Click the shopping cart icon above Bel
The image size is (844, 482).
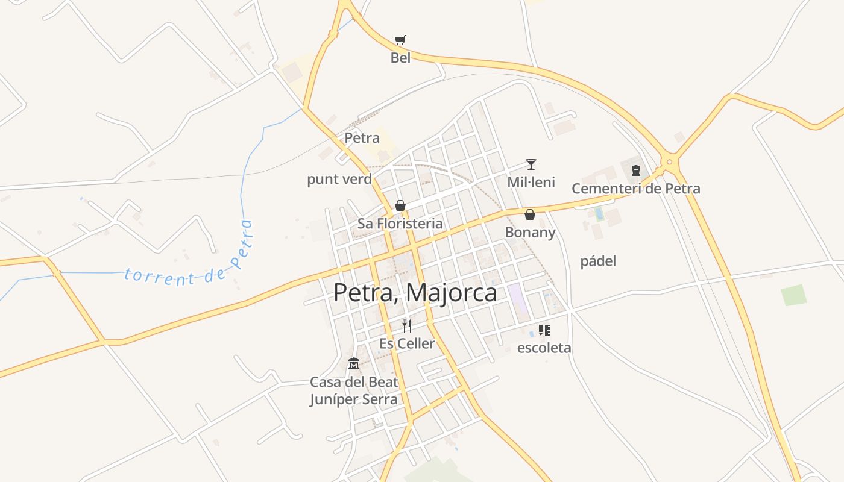400,40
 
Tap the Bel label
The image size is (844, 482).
400,58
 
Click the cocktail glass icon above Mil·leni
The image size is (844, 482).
531,164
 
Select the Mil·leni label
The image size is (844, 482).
531,182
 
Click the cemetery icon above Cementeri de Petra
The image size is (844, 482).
635,171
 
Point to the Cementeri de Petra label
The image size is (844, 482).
635,189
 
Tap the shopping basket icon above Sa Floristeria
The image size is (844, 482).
400,205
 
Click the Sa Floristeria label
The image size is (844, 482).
400,224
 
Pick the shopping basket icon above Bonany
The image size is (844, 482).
530,214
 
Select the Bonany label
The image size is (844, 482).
530,232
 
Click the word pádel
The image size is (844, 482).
598,261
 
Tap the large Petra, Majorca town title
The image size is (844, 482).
415,293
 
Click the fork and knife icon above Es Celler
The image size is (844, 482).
407,326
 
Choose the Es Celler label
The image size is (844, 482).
407,343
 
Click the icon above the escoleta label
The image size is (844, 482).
544,330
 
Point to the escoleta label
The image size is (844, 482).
544,348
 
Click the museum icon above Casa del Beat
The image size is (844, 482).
354,363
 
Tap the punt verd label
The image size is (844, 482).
339,179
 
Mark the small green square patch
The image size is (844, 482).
793,295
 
